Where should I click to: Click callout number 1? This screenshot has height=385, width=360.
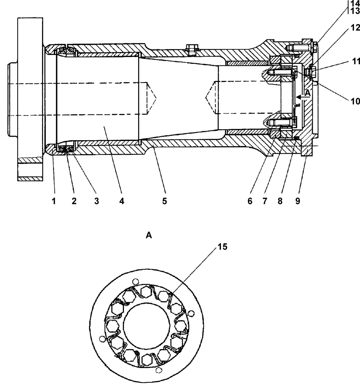pos(54,201)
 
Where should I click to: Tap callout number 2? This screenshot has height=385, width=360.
pos(74,201)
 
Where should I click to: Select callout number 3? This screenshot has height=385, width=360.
pos(97,201)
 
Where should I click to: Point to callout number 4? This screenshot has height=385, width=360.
pos(122,201)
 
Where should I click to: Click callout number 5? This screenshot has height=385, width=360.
pos(164,201)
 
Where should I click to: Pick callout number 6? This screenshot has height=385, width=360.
pos(250,201)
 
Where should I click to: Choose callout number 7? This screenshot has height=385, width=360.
pos(265,201)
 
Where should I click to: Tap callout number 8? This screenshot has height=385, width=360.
pos(280,201)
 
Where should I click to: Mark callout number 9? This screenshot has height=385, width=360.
pos(298,201)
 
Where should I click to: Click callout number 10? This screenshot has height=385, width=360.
pos(355,101)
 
